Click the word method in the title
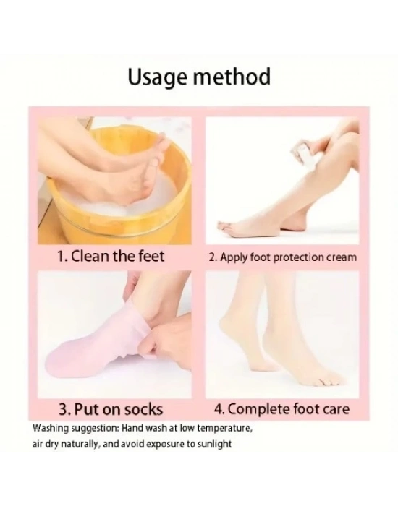[232, 77]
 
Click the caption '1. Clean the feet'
[111, 256]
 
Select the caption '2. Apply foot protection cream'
[283, 257]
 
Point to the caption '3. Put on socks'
[111, 410]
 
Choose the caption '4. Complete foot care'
[281, 409]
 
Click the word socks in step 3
[144, 410]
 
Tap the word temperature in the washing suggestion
[224, 429]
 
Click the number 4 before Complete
[219, 409]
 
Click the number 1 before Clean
[60, 257]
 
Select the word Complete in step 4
[259, 410]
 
